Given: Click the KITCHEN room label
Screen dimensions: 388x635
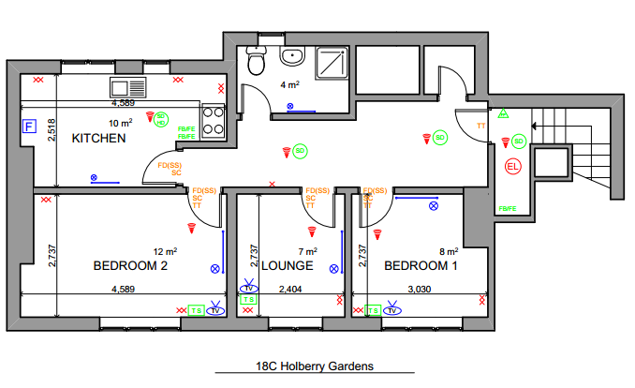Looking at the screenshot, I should pos(99,138).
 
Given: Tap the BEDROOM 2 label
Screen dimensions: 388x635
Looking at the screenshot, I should pos(130,265).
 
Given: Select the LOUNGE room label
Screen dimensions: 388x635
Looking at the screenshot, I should pos(287,266).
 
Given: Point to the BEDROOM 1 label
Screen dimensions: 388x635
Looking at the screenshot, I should pos(421,265).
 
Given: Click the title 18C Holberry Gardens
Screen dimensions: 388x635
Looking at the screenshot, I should pos(315,368).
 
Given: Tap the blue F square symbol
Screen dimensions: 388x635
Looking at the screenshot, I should pos(28,125).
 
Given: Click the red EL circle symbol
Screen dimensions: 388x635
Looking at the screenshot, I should pos(511,167).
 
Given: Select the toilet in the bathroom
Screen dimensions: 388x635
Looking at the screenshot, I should pos(255,61).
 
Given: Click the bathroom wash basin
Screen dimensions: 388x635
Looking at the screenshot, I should pos(292,56).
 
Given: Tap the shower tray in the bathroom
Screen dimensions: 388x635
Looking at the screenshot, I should pos(332,62).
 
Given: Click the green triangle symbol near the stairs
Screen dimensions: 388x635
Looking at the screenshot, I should pos(502,114).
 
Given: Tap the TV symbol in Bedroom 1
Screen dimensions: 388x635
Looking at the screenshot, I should pos(393,309).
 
